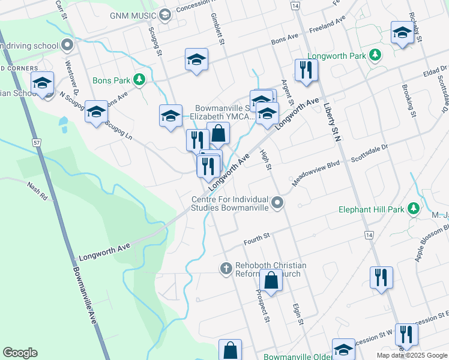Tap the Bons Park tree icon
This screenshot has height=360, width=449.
(140, 79)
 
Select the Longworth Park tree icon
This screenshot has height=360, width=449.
(375, 55)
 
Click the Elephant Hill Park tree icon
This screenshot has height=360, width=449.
(413, 208)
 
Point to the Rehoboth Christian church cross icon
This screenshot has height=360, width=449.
(226, 268)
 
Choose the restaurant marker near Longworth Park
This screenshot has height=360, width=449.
(306, 71)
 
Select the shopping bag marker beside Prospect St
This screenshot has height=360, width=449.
(271, 280)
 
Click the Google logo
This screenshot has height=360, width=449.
(20, 353)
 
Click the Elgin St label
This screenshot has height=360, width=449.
(298, 314)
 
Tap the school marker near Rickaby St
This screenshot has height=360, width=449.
(402, 34)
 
